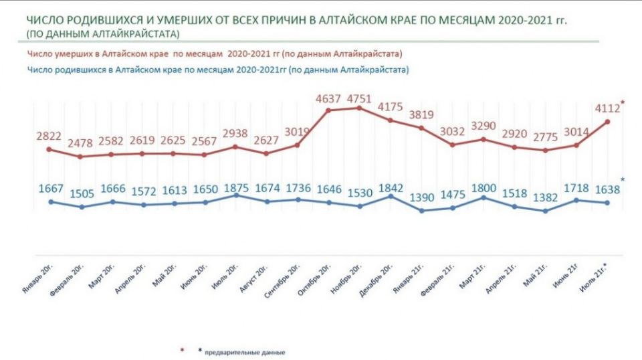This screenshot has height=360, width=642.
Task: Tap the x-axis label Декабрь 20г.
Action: (x=377, y=279)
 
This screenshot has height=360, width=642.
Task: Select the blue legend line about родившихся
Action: (x=218, y=69)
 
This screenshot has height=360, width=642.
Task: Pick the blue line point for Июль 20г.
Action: (x=236, y=195)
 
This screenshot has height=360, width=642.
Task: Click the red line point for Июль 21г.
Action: (x=607, y=121)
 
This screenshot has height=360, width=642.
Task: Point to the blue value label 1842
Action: (x=391, y=187)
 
